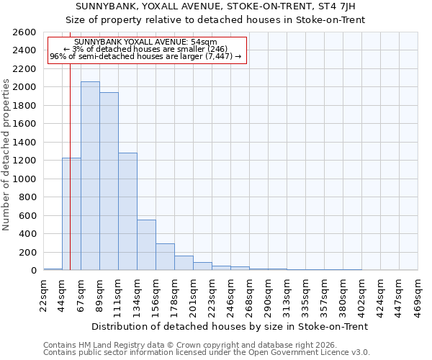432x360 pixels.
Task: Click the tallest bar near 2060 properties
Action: [90, 176]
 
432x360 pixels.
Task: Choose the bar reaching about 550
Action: [146, 245]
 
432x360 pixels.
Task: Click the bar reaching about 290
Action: [165, 256]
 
